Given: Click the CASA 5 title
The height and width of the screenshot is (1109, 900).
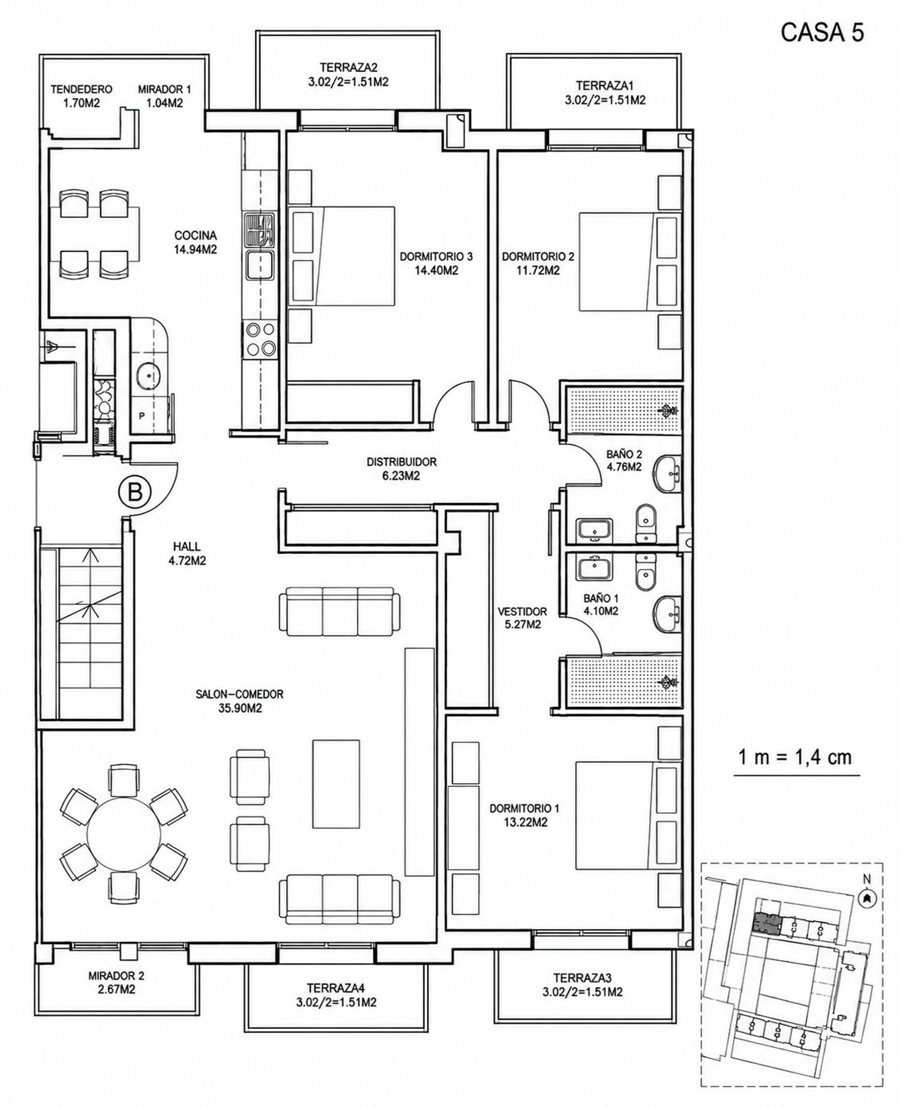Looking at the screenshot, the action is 822,32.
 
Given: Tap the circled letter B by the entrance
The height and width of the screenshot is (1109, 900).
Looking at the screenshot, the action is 135,493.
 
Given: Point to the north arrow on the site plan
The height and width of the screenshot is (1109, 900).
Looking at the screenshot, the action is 866,898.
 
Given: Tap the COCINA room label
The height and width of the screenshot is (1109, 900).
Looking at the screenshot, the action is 195,236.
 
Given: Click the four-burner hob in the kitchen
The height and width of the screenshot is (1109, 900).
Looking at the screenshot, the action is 260,340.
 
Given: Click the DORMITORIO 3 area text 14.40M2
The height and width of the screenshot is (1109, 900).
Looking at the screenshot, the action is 437,271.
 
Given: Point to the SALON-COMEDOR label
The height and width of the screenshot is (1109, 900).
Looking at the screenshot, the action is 239,694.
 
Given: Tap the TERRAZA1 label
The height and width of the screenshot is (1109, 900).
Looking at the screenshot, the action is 605,85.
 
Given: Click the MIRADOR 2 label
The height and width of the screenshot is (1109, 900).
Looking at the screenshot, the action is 116,976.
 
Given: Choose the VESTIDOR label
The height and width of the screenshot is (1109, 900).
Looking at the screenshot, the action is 523,612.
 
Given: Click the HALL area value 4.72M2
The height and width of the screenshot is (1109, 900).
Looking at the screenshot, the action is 187,561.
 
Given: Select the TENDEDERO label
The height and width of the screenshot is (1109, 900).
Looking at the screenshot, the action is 81,89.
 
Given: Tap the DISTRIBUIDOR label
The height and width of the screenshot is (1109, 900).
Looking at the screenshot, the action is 401,462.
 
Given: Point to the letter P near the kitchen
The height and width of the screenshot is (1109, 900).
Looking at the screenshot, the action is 142,415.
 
